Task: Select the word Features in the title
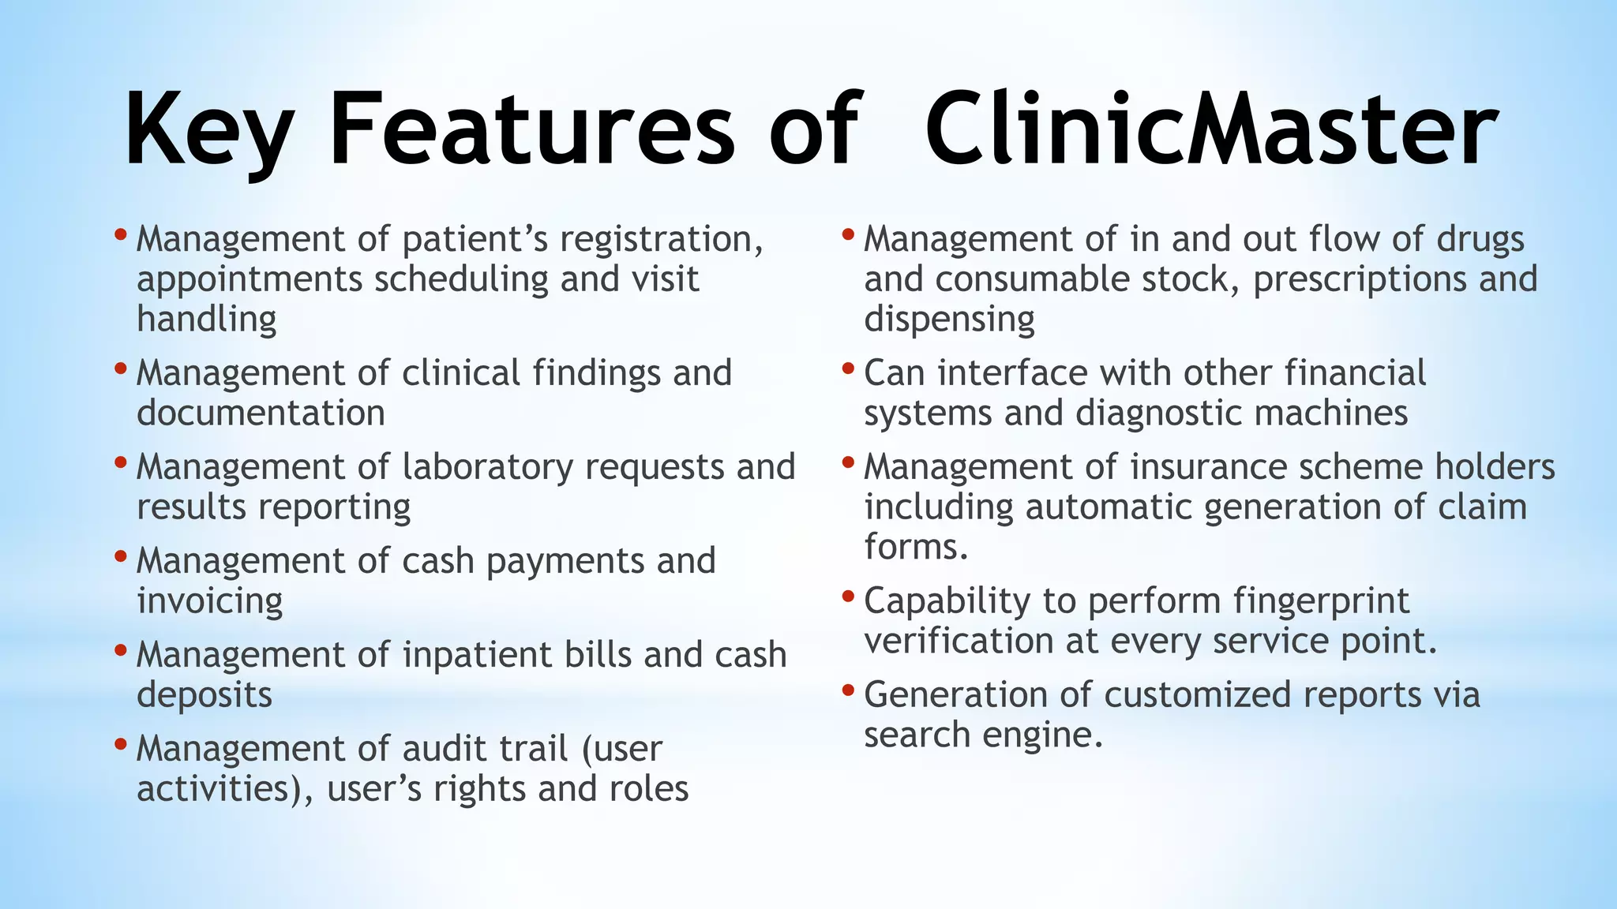531,130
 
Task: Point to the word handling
207,320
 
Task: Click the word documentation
261,413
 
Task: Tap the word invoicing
209,602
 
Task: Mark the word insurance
1209,467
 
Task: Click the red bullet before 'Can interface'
848,368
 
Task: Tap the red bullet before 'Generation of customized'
848,690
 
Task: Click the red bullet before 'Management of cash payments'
120,556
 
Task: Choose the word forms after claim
915,547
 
